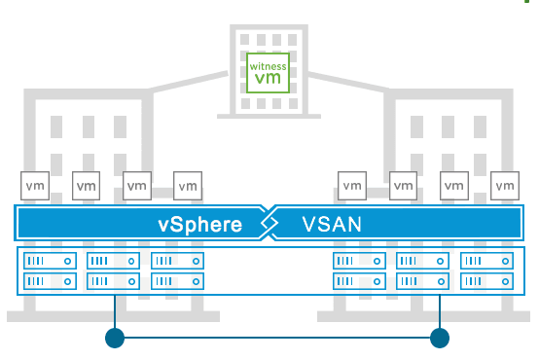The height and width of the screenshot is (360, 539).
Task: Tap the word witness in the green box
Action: (x=269, y=67)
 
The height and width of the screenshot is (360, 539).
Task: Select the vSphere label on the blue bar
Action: (x=199, y=225)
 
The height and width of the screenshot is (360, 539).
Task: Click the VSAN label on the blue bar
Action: (x=332, y=225)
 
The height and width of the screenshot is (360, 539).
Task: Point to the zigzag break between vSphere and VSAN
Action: (x=269, y=224)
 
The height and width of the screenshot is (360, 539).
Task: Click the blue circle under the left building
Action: (x=115, y=338)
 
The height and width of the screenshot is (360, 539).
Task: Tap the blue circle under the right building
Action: (x=440, y=338)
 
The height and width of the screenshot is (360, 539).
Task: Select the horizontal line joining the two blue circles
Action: (x=277, y=338)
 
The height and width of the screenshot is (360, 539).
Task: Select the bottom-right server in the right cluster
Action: (x=486, y=281)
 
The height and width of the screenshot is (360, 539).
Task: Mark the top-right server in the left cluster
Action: (x=178, y=262)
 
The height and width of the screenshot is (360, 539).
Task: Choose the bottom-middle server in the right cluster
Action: (x=422, y=281)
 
